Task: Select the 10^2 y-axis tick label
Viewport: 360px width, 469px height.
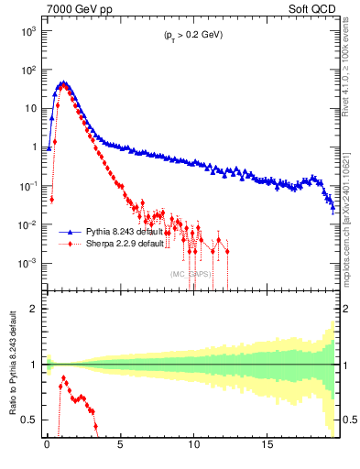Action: click(x=27, y=70)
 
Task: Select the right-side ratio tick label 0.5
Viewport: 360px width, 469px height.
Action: click(x=347, y=420)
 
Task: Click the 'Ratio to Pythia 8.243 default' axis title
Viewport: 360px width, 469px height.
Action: click(x=12, y=364)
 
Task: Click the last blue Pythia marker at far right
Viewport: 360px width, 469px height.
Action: click(x=333, y=209)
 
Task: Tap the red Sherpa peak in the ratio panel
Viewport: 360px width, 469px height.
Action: click(x=63, y=377)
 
